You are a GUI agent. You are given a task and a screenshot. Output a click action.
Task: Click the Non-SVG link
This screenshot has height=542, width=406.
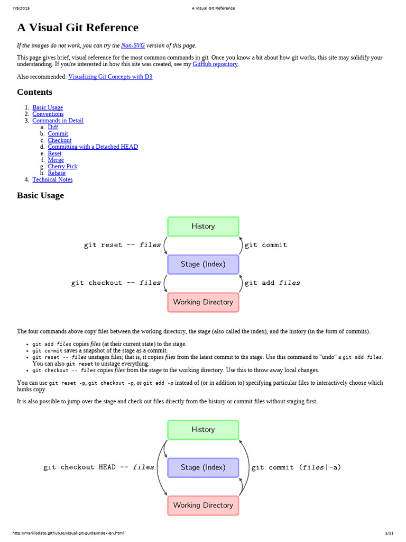pos(133,46)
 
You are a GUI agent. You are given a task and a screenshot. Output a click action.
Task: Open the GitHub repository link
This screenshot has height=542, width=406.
pos(215,64)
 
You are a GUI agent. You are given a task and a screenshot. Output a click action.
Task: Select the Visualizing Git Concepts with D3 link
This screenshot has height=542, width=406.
pos(110,77)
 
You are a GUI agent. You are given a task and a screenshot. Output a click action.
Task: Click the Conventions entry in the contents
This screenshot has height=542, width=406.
pos(48,114)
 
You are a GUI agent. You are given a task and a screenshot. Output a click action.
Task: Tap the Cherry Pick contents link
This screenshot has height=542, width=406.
pos(62,166)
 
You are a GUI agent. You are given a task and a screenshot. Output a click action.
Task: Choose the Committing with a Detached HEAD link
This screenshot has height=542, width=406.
pos(93,147)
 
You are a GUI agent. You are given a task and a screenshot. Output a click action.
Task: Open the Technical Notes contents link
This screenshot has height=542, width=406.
pos(52,179)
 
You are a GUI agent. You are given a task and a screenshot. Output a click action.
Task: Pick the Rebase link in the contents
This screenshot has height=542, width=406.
pos(57,173)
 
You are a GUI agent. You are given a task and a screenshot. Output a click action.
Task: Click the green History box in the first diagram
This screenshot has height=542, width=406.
pos(203,227)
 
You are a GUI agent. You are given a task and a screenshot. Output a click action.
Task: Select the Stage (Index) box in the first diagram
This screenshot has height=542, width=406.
pos(203,264)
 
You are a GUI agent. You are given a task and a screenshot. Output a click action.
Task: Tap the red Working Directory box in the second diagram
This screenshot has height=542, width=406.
pos(203,505)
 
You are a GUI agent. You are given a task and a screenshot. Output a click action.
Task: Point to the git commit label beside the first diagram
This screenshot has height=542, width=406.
pos(266,245)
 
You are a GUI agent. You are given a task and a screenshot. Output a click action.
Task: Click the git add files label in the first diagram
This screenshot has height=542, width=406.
pos(272,283)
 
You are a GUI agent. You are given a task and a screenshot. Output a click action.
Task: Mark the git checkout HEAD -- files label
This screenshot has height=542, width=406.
pos(99,467)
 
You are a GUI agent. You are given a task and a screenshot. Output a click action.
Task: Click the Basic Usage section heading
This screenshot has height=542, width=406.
pos(40,195)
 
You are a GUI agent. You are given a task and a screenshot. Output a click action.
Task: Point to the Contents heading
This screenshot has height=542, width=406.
pos(34,92)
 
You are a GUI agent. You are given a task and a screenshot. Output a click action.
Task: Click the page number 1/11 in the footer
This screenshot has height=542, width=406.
pos(390,533)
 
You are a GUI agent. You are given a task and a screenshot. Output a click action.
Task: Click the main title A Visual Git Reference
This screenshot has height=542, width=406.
pos(78,28)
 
